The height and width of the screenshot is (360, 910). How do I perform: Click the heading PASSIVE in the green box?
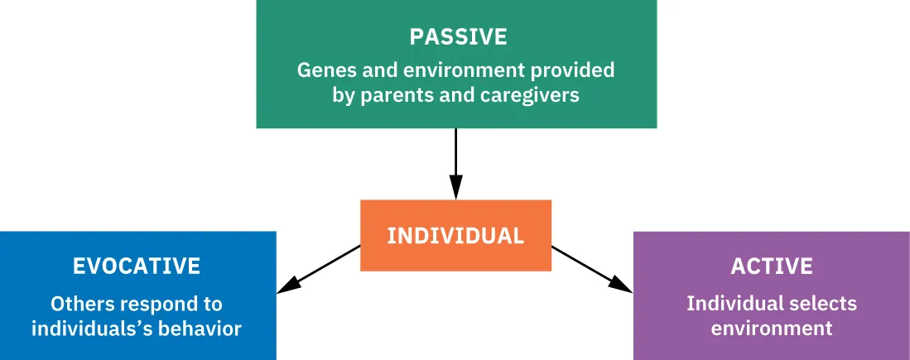coord(456,37)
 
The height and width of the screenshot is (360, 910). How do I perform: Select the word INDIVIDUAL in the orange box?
coord(455,236)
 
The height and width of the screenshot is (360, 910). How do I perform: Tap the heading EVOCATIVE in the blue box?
coord(137,266)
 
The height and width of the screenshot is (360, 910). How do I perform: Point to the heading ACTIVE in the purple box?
coord(772,266)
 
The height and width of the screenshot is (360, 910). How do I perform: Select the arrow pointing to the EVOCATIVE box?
coord(319,269)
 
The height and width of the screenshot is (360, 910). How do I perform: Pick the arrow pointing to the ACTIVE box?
coord(591,268)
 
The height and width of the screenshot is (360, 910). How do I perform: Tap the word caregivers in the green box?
coord(530,95)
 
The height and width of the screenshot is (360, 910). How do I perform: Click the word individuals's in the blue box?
coord(83,329)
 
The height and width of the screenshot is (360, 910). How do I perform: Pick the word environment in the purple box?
coord(772,328)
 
